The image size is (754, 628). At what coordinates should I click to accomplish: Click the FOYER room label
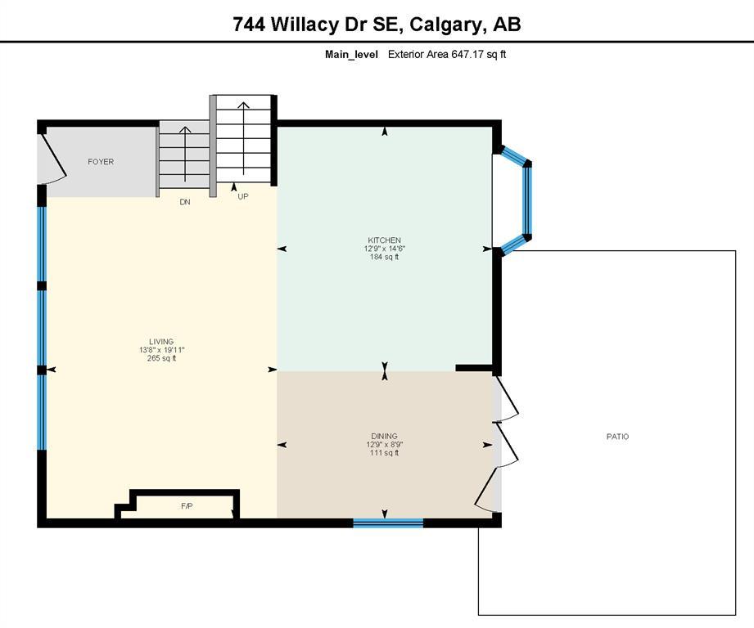click(101, 162)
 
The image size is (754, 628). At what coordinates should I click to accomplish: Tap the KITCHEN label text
click(384, 240)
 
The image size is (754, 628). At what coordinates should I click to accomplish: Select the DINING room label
click(384, 436)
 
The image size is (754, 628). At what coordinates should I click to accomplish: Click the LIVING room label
click(161, 342)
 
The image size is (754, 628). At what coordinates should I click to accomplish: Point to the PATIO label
click(617, 437)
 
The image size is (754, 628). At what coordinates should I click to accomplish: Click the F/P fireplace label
click(187, 506)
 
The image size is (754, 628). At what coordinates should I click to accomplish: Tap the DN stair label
click(185, 202)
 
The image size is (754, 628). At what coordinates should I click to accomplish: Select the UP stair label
click(243, 196)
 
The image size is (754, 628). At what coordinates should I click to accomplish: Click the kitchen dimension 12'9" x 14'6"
click(384, 249)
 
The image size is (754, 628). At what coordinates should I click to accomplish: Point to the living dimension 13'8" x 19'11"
click(161, 350)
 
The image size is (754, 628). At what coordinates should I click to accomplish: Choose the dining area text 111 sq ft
click(384, 453)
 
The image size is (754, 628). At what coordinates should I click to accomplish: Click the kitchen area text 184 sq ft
click(384, 257)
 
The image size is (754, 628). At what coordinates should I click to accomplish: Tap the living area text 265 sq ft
click(161, 358)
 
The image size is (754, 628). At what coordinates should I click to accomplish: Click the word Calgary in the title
click(445, 24)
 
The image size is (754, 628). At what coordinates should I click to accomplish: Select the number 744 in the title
click(249, 24)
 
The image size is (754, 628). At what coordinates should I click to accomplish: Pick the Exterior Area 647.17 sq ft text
click(447, 54)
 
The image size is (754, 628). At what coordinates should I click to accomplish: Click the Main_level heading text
click(351, 54)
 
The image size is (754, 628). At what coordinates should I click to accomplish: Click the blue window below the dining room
click(388, 523)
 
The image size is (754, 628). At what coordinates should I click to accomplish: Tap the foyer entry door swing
click(52, 158)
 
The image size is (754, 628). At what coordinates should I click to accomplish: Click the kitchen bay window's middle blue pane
click(528, 200)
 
